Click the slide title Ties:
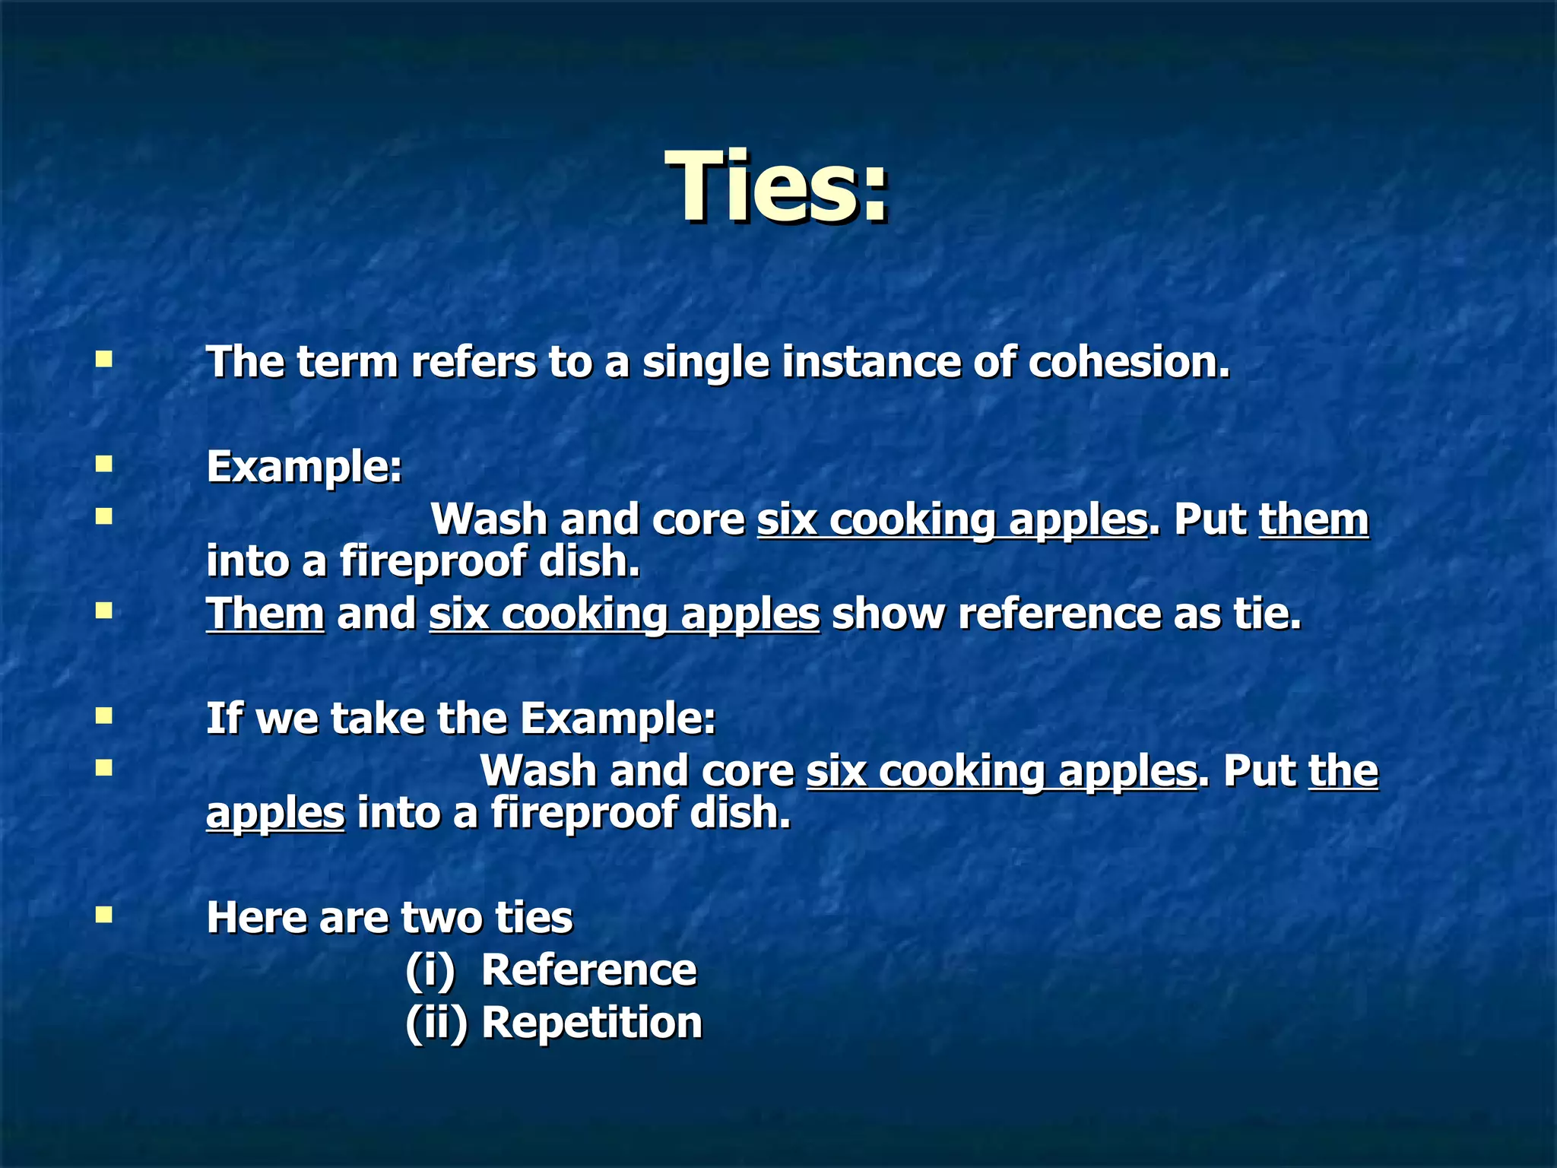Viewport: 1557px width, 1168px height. coord(777,187)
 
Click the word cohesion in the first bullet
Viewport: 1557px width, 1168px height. coord(1128,362)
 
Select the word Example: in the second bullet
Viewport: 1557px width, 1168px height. coord(304,466)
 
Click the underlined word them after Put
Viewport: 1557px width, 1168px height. coord(1314,520)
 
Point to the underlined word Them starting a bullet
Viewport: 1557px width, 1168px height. coord(265,614)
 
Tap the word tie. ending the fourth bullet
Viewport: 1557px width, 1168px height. coord(1267,614)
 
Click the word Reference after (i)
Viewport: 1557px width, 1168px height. coord(588,970)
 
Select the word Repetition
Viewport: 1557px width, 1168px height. coord(591,1023)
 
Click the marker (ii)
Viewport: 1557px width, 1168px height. coord(436,1024)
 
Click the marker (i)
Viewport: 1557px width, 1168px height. coord(430,971)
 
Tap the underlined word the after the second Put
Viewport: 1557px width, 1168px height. coord(1343,772)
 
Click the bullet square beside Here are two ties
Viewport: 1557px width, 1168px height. coord(104,914)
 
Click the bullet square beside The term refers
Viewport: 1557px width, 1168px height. coord(104,359)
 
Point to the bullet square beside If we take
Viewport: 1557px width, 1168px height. coord(104,716)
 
